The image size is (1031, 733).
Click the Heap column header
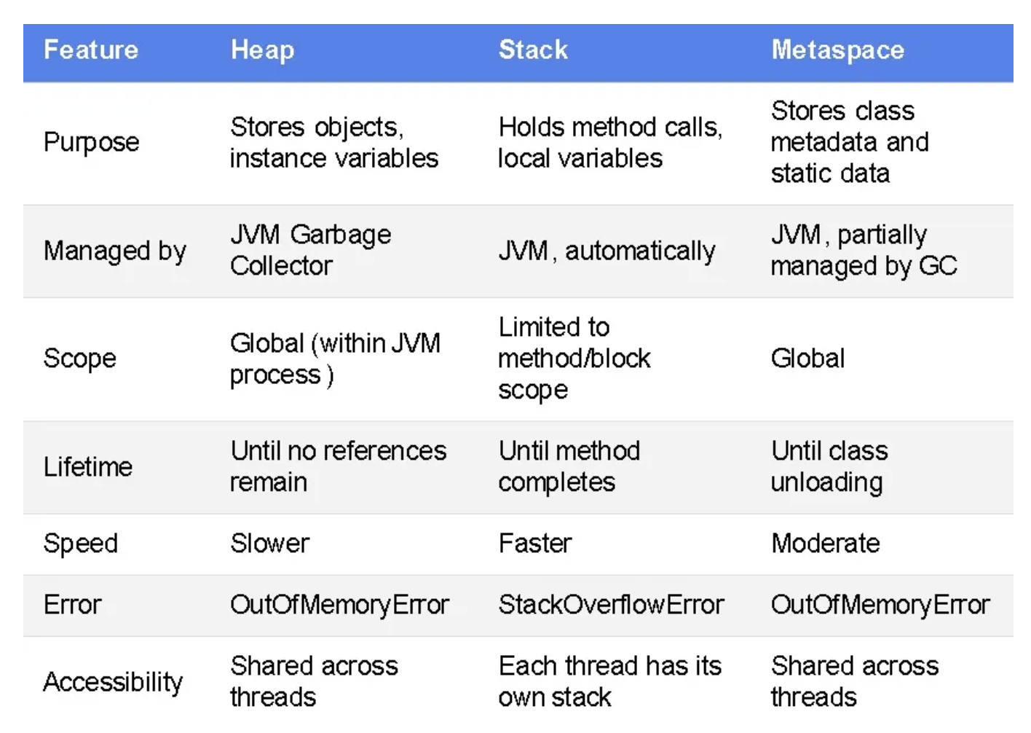262,50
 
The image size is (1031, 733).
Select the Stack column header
533,50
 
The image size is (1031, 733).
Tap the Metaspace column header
837,50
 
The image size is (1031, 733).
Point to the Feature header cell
91,50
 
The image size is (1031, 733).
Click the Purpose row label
91,142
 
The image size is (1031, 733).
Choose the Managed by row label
115,251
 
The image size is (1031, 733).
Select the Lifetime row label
88,466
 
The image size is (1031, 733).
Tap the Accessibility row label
113,682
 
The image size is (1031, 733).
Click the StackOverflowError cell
611,605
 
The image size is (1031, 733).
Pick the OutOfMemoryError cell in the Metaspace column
880,605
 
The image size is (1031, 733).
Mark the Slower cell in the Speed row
270,544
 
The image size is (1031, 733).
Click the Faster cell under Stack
535,544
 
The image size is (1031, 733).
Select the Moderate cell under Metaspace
825,544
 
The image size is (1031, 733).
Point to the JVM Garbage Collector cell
310,250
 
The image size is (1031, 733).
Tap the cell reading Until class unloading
829,466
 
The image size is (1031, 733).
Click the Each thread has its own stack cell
609,681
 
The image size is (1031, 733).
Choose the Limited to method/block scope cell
574,358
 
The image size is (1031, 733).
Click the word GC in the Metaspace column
938,266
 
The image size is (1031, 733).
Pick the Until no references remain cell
338,466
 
